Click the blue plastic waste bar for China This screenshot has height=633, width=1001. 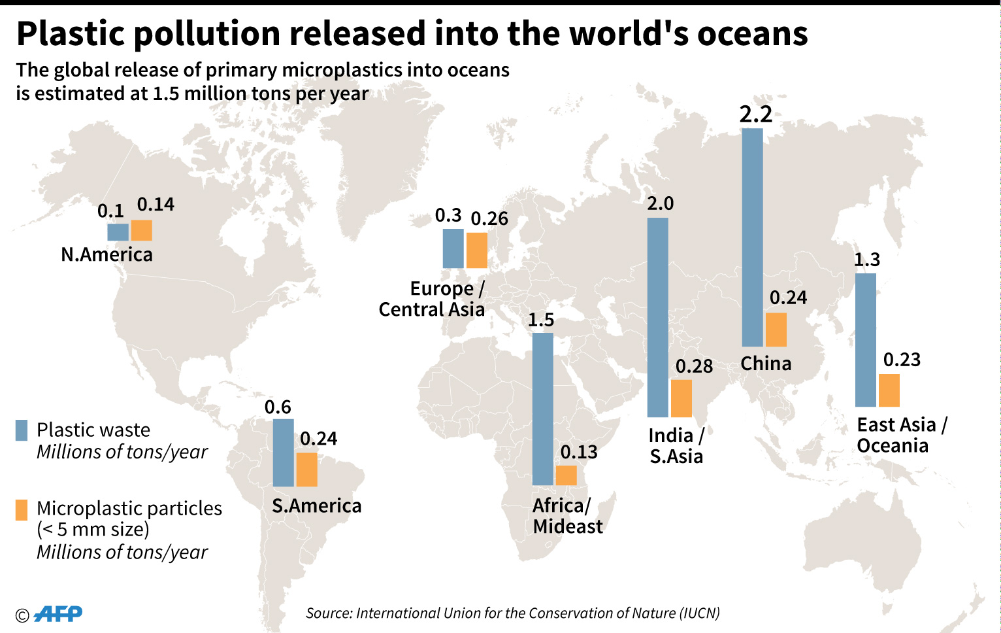[752, 237]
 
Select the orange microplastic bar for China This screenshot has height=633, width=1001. [776, 330]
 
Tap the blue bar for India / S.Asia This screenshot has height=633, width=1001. [657, 317]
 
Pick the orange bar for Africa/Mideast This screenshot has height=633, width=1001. [566, 475]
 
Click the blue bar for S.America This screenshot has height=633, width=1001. [283, 453]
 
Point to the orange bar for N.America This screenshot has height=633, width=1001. [141, 230]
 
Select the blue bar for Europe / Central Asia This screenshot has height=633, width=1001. [453, 248]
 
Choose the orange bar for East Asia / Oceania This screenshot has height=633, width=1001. [889, 390]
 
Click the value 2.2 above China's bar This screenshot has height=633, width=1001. [756, 114]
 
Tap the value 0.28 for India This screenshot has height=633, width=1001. [694, 366]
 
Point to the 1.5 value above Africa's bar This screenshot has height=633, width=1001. [541, 320]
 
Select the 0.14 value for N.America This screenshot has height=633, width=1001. [156, 205]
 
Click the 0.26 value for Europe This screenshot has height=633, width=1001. [489, 218]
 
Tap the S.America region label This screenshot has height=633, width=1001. [317, 505]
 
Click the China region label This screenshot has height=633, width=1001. [766, 364]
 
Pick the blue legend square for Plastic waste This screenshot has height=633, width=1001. [22, 430]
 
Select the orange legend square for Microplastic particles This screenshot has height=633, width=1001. [22, 509]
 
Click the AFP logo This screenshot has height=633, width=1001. [57, 613]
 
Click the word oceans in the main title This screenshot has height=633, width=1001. [753, 33]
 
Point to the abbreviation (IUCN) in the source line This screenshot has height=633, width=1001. [700, 613]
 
